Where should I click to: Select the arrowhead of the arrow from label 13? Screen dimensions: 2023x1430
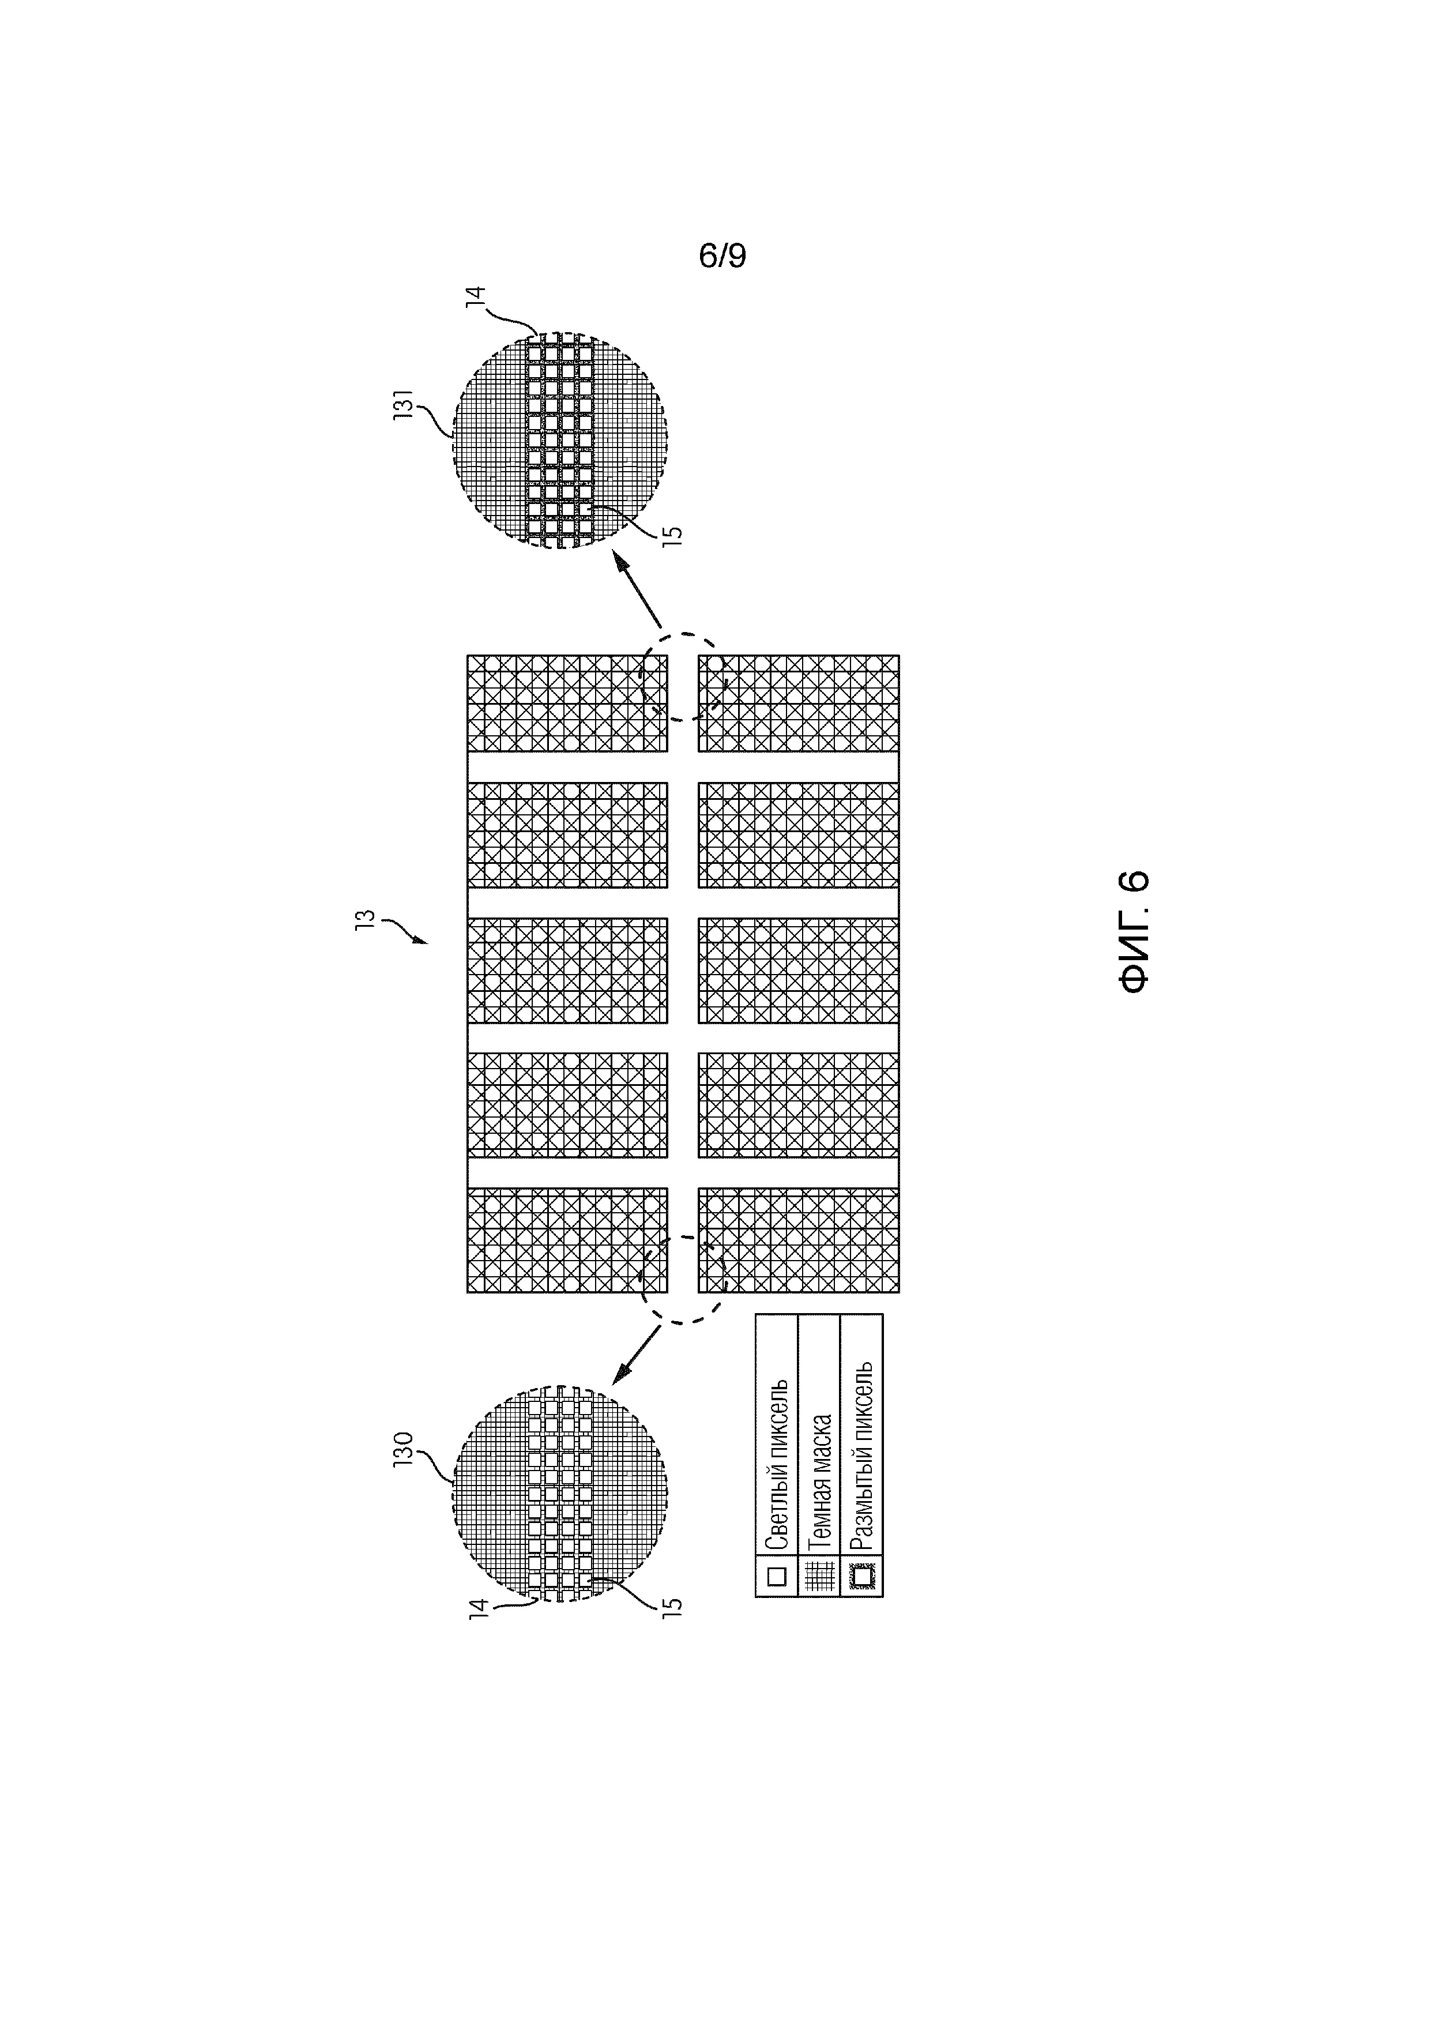[422, 942]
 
